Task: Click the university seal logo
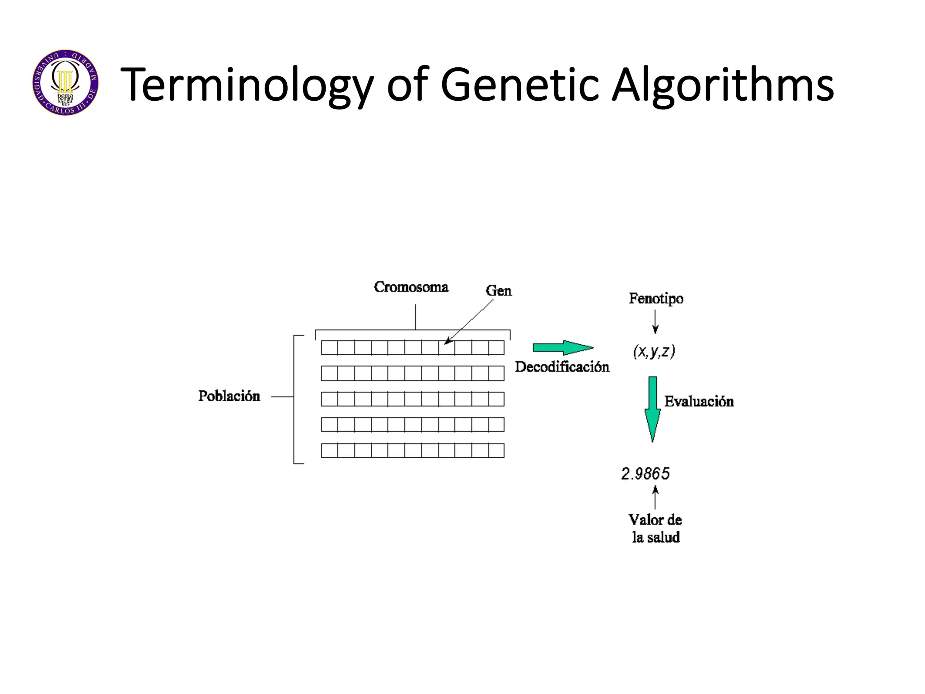65,83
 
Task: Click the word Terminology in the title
247,84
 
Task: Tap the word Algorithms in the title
723,84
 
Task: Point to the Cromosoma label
411,287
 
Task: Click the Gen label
499,291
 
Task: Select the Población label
229,396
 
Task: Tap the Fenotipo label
656,299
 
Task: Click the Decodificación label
562,367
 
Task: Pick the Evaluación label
699,402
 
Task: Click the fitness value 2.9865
645,474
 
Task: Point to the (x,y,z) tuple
654,352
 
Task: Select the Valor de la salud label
655,529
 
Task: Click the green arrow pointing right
563,348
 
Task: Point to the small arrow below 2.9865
655,497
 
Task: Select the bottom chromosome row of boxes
412,450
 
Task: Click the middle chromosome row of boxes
412,399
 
